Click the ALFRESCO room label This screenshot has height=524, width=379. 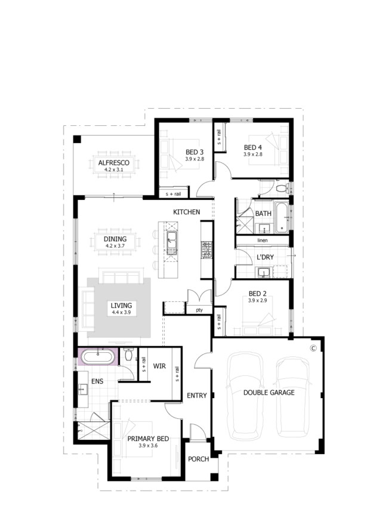(113, 163)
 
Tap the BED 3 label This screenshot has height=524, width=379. (195, 152)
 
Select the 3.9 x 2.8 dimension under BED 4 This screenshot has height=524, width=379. (252, 155)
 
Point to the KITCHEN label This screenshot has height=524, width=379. (186, 212)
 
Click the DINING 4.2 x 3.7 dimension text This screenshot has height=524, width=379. (115, 246)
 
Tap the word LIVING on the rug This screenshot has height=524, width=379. (121, 306)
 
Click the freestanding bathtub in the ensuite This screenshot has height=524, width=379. (98, 356)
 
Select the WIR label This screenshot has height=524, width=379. (159, 366)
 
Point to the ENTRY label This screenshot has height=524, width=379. (197, 396)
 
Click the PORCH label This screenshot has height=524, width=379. (199, 459)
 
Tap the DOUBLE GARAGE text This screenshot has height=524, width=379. (269, 393)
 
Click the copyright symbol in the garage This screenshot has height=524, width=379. (313, 348)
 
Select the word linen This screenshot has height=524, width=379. (263, 241)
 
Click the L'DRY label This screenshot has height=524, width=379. (265, 257)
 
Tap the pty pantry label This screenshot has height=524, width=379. (199, 310)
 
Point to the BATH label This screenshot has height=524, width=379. (263, 214)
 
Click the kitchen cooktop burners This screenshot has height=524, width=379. (206, 250)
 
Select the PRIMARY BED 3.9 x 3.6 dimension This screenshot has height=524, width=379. (148, 445)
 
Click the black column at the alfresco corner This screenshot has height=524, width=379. (77, 139)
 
